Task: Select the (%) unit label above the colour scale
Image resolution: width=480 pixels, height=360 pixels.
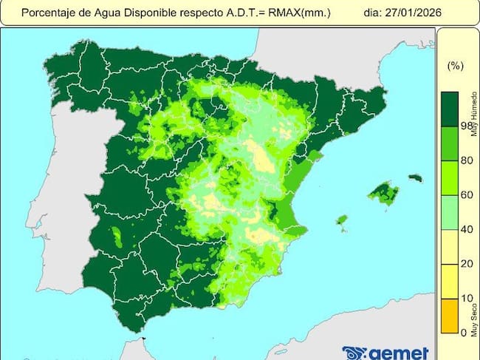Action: (455, 66)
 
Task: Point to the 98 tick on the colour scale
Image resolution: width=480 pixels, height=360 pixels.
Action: (466, 126)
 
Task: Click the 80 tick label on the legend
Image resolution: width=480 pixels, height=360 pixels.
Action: (466, 160)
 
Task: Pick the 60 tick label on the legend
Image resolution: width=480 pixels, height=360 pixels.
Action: (466, 195)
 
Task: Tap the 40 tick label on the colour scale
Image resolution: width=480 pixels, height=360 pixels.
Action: (466, 229)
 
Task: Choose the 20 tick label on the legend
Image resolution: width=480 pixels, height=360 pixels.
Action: (466, 264)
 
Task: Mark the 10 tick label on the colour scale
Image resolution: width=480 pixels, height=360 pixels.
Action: (466, 298)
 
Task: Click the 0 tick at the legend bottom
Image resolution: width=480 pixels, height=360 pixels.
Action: (464, 333)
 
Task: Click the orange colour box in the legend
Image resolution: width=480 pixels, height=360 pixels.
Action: (450, 316)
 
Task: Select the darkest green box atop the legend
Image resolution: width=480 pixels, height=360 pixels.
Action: (450, 108)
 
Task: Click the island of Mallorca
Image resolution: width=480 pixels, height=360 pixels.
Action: (384, 194)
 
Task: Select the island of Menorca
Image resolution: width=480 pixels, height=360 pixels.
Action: (415, 178)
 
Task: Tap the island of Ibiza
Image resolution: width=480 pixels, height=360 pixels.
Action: (342, 220)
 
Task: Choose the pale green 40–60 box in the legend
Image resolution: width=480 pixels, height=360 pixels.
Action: (450, 212)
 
